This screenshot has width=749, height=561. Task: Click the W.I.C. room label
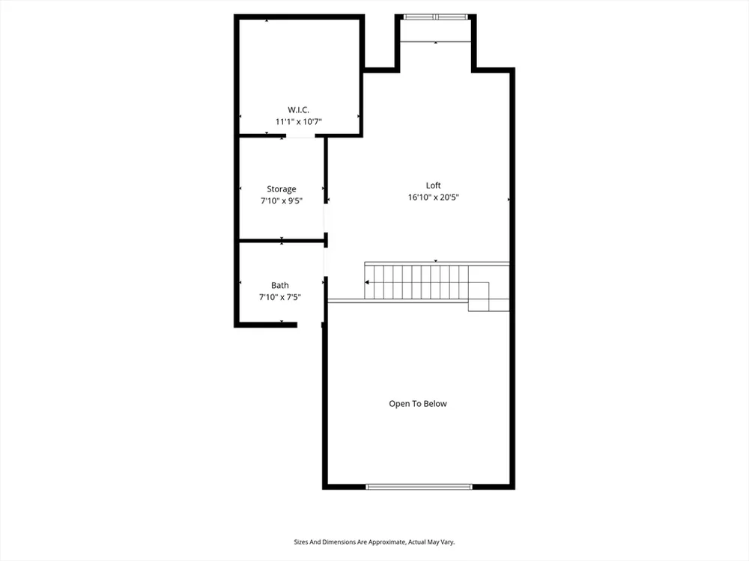pos(298,110)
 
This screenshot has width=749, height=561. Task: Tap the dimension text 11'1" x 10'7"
pos(299,122)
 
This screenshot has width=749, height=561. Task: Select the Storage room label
pos(282,189)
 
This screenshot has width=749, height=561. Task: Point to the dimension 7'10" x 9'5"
pos(282,200)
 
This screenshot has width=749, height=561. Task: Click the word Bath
pos(280,285)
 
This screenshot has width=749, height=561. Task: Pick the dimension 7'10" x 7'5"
pos(280,297)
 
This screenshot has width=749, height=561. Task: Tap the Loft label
pos(433,186)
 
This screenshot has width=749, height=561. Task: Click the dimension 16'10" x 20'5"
pos(433,197)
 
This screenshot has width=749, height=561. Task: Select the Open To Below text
pos(418,404)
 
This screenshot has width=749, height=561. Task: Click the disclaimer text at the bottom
pos(374,542)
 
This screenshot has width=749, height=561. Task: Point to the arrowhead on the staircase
pos(367,283)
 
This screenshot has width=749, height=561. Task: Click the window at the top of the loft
pos(435,17)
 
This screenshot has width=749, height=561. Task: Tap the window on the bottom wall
pos(419,487)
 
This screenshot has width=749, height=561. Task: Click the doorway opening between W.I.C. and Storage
pos(300,136)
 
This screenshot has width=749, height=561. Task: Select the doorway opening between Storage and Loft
pos(326,218)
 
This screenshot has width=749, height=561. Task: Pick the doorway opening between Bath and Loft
pos(326,262)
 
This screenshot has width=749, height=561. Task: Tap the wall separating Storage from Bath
pos(282,241)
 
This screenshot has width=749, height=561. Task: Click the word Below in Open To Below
pos(436,404)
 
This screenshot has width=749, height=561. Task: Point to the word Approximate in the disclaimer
pos(388,542)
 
